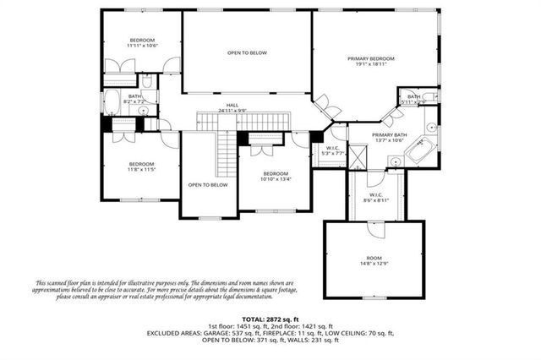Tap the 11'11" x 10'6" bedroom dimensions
tap(142, 46)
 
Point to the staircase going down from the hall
tap(225, 151)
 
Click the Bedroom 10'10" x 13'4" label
tap(275, 176)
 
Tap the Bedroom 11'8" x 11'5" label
tap(141, 166)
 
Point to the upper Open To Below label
tap(247, 52)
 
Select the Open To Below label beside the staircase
tap(207, 184)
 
